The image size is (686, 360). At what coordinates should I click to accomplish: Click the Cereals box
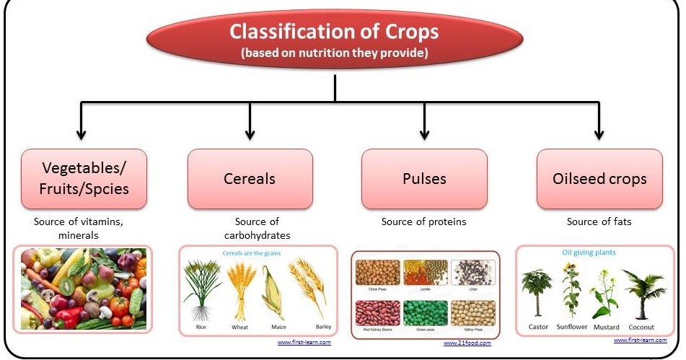[x=250, y=179]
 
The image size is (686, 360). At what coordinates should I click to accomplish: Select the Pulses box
[x=423, y=179]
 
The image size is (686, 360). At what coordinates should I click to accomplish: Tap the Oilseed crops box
[x=599, y=179]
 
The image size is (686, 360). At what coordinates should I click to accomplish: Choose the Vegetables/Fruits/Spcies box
[x=84, y=179]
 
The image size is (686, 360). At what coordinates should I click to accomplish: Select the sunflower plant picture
[x=572, y=291]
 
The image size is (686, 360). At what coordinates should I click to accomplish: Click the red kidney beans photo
[x=377, y=313]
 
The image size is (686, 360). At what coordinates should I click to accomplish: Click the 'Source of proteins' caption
[x=423, y=222]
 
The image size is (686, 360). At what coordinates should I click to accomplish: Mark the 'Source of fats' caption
[x=599, y=222]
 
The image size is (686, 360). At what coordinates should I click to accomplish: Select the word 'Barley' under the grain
[x=313, y=327]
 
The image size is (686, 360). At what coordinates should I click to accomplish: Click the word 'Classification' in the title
[x=291, y=32]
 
